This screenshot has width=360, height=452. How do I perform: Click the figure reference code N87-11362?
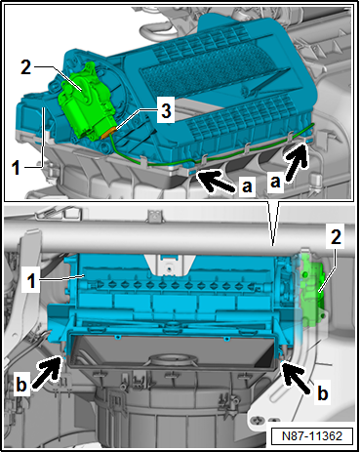coord(312,435)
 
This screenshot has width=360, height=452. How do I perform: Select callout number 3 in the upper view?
coord(166,110)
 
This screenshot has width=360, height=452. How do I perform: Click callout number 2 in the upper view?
coord(26,67)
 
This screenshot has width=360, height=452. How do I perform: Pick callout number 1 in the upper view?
coord(17,168)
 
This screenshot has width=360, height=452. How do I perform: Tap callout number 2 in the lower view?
coord(336,236)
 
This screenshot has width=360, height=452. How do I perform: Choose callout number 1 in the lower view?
coord(31,280)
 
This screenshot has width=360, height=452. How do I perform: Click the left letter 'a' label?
coord(247,186)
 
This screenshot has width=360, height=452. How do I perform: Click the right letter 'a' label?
coord(275,183)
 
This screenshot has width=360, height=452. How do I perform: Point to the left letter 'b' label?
coord(21,385)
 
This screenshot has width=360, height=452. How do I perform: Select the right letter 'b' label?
coord(323,393)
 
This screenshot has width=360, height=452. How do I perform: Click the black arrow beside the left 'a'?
coord(216,183)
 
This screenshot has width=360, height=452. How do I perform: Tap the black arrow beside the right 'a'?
coord(297,161)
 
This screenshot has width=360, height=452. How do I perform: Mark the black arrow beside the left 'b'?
coord(46,372)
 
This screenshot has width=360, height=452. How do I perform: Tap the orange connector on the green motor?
coord(109,133)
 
